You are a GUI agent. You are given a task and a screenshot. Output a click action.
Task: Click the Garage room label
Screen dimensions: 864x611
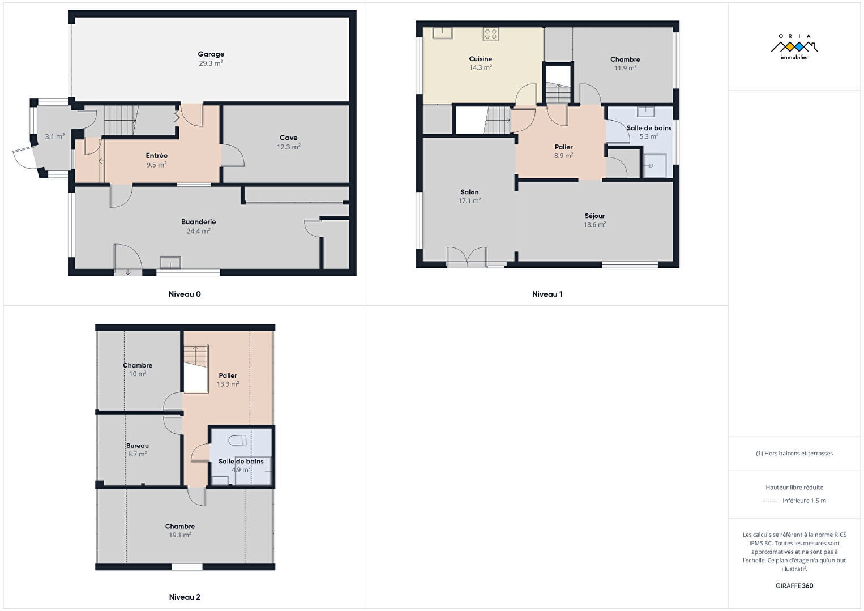(211, 54)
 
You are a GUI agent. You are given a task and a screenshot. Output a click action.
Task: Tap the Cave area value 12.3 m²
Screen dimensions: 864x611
(288, 147)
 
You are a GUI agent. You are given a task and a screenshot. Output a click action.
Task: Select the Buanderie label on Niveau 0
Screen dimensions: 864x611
(198, 222)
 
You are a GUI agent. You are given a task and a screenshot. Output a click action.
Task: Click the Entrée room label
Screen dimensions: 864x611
(156, 156)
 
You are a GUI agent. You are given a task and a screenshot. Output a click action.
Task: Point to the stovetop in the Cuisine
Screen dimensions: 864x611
(490, 34)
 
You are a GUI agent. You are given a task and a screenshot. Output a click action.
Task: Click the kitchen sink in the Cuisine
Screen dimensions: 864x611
(442, 33)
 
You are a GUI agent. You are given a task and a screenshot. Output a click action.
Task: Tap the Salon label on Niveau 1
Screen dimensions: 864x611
(469, 192)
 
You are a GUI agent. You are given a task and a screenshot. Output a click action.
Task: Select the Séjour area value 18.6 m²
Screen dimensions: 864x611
(594, 224)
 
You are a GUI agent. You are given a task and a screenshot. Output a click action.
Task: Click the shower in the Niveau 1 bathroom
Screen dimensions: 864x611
(655, 165)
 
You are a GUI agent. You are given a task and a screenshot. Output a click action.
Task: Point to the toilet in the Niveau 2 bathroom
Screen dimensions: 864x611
(237, 440)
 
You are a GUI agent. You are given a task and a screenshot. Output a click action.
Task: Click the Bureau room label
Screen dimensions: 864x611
(138, 446)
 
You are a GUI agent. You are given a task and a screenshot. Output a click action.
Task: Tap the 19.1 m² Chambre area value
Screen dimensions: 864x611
(179, 535)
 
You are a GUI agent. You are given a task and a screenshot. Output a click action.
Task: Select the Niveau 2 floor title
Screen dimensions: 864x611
(185, 597)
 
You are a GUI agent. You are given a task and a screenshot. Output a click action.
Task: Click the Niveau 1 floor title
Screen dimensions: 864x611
(547, 294)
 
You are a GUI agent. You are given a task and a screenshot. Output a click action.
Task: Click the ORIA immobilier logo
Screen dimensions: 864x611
(794, 47)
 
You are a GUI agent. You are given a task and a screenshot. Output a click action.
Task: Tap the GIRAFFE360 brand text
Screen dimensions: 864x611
(794, 586)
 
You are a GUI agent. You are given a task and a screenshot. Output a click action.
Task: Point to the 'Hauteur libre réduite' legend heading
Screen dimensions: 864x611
(794, 487)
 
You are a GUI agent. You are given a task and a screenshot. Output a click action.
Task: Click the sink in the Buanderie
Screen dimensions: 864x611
(170, 262)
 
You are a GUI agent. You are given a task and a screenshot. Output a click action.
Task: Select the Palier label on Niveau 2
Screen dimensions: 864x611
(228, 375)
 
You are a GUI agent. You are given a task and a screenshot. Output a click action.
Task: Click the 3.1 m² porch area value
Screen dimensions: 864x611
(55, 136)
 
